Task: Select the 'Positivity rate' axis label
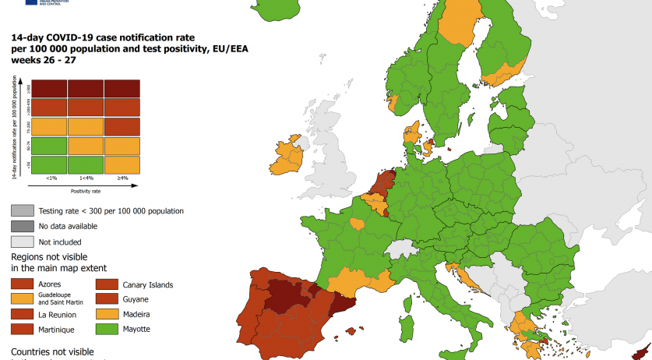click(x=88, y=189)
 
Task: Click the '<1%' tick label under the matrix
click(x=51, y=178)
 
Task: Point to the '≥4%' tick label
click(x=122, y=178)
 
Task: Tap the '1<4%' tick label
click(x=86, y=178)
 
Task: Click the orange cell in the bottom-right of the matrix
click(x=122, y=164)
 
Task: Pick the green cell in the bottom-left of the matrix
click(x=50, y=164)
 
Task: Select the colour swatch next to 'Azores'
click(x=22, y=284)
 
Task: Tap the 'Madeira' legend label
click(x=136, y=314)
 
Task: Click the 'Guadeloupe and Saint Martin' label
click(x=64, y=300)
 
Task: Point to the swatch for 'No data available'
click(x=22, y=226)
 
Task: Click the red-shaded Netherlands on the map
click(x=382, y=185)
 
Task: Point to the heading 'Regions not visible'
click(x=49, y=256)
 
